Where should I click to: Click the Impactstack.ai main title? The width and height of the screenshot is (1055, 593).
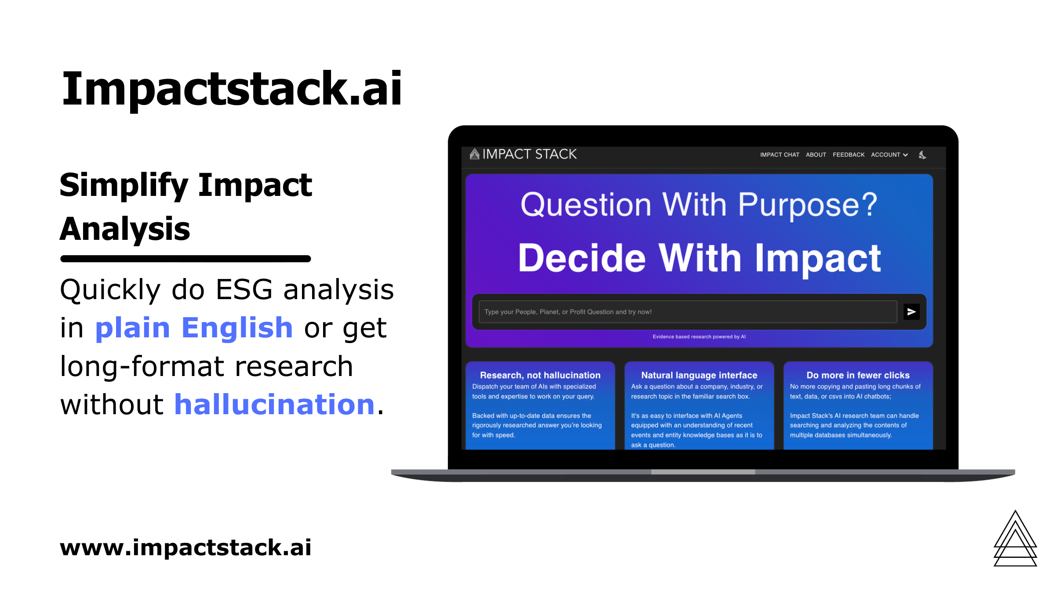pos(232,89)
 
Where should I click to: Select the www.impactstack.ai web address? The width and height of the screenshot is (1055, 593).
pos(186,547)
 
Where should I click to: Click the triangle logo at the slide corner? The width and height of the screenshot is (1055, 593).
pos(1015,540)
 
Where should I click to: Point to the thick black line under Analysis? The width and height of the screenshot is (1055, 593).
pos(186,259)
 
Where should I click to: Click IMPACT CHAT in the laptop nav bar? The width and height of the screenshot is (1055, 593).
pos(779,155)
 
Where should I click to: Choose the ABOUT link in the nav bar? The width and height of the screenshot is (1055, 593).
pos(816,155)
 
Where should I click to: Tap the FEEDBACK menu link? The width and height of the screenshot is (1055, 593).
pos(848,155)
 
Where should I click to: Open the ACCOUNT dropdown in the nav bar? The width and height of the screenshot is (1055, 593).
pos(889,155)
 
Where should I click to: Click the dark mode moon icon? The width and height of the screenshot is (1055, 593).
pos(922,155)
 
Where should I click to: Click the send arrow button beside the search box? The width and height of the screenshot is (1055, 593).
pos(911,312)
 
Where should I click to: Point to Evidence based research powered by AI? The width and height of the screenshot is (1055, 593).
pos(699,337)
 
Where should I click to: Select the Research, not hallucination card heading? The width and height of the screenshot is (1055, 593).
pos(540,375)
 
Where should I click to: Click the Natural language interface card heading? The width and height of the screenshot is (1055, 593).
pos(699,375)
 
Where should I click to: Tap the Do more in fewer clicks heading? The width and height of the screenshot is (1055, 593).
pos(858,375)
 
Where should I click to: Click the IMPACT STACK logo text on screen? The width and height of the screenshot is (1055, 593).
pos(529,154)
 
